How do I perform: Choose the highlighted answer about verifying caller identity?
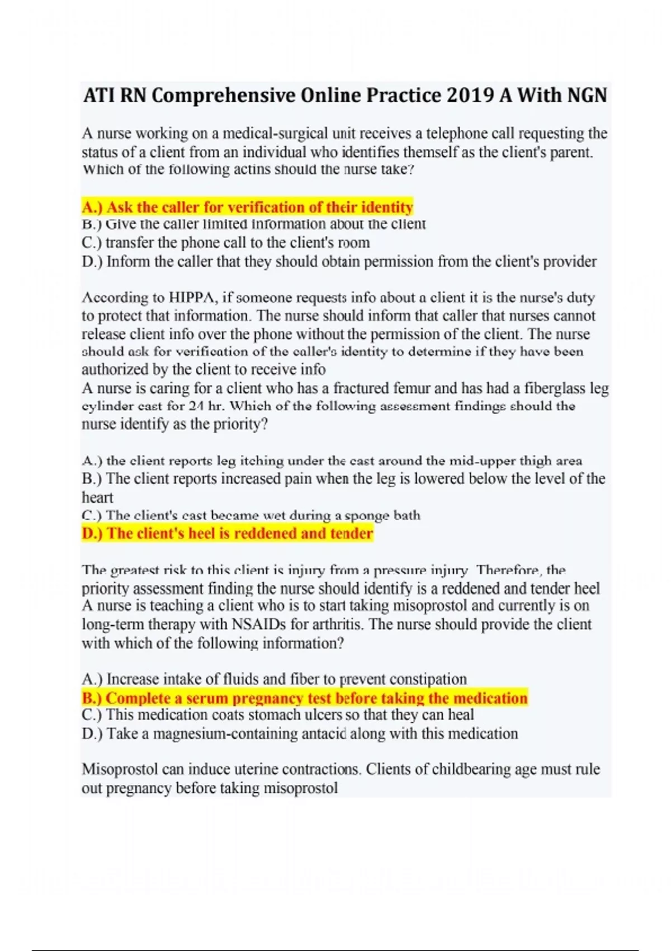247,207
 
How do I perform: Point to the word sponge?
367,515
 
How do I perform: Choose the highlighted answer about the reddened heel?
227,533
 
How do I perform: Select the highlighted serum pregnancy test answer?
305,698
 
